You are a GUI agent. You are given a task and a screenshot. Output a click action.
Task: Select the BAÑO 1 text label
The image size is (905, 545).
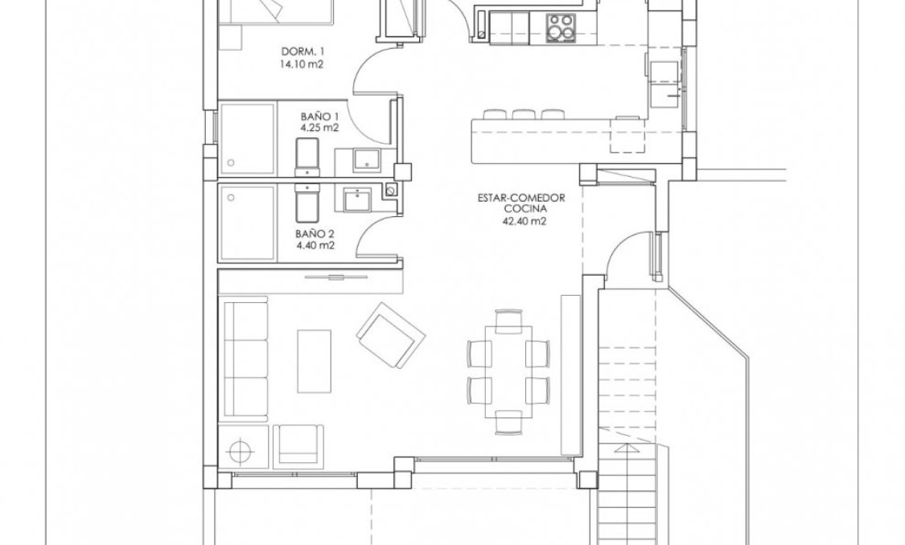pos(314,116)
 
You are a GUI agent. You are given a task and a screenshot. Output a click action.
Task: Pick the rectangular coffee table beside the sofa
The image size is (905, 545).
pos(314,366)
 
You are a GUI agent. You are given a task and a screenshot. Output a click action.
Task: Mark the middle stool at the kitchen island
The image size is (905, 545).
pos(524,114)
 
